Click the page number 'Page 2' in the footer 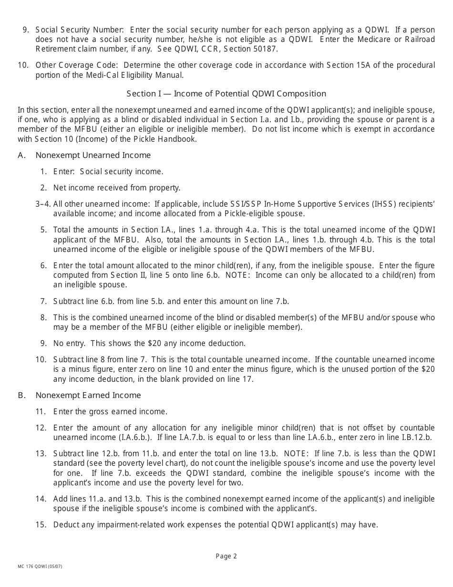tap(226, 556)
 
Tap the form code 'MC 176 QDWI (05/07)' tap(40, 566)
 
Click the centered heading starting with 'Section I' tap(226, 94)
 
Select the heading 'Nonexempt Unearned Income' tap(93, 155)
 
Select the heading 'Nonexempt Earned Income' tap(88, 395)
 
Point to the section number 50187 tap(266, 49)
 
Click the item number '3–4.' tap(43, 204)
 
